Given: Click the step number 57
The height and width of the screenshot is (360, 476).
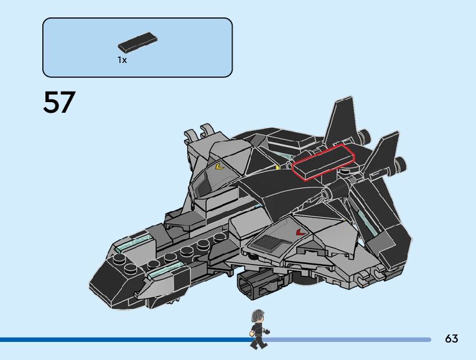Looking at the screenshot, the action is [59, 103].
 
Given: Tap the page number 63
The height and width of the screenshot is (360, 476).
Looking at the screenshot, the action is [451, 339].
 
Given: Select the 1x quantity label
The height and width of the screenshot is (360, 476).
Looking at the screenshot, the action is [122, 60].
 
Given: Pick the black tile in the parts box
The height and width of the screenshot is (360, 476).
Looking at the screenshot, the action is [137, 42].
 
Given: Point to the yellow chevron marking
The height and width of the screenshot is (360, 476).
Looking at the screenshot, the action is [218, 166].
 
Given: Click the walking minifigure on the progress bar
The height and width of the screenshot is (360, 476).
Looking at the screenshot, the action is [258, 329].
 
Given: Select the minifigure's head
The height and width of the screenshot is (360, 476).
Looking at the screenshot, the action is [257, 316].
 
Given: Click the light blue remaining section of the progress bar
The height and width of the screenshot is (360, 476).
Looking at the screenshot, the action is [348, 339].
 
